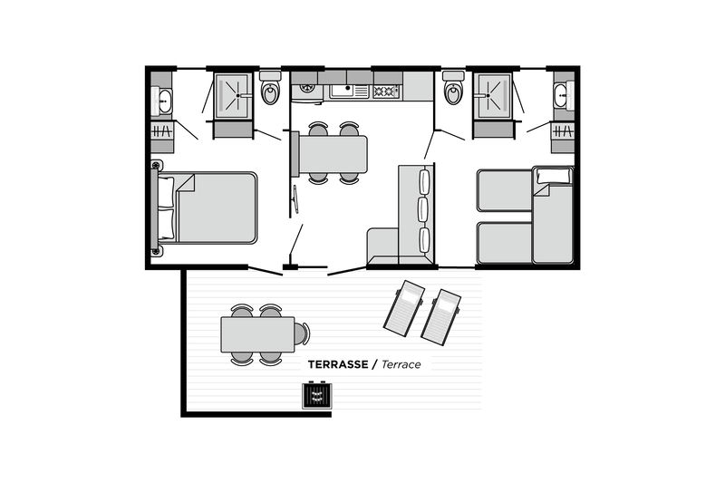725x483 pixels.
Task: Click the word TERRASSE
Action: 337,364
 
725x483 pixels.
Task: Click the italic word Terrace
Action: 401,364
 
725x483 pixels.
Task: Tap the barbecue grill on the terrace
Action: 317,396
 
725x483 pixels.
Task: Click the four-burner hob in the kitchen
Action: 386,91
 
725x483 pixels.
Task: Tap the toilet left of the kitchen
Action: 270,92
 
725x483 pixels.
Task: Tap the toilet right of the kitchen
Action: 452,92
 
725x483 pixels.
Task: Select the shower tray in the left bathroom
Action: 232,94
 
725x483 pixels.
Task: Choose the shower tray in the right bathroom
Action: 492,94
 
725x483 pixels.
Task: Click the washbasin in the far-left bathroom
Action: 164,101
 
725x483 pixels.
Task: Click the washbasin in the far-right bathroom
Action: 561,95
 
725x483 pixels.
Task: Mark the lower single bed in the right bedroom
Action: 505,242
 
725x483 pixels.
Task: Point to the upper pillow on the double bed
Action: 167,192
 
